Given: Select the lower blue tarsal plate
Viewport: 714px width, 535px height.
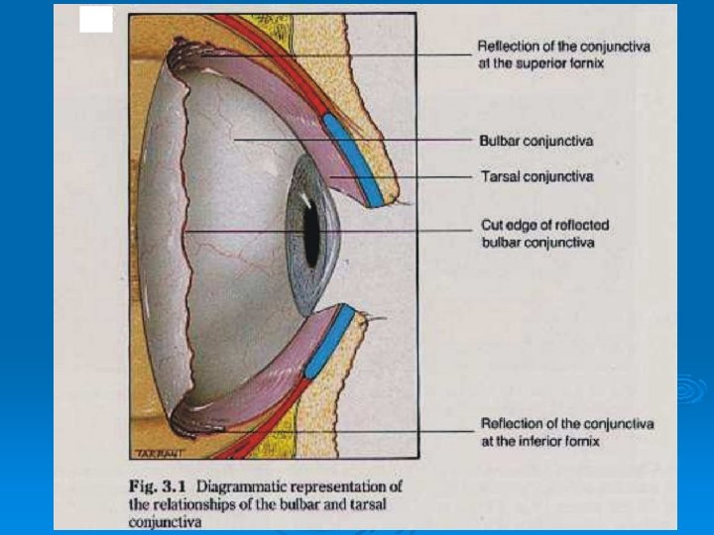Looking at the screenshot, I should pyautogui.click(x=328, y=342).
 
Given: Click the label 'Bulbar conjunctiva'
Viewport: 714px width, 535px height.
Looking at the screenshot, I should pyautogui.click(x=535, y=142).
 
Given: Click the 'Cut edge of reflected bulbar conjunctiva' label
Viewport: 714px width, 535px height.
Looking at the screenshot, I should pyautogui.click(x=544, y=234).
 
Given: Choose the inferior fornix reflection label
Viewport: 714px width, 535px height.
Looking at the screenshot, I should pyautogui.click(x=567, y=432).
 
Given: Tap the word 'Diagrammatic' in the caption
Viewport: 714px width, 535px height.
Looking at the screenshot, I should pyautogui.click(x=238, y=486).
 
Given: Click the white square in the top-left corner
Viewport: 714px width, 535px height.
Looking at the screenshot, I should pyautogui.click(x=96, y=19).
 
